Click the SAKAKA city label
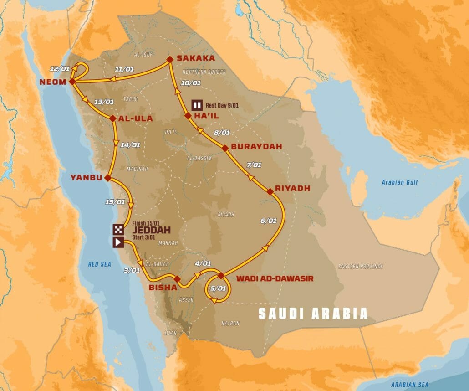[x=193, y=58]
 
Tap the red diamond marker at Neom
[x=72, y=82]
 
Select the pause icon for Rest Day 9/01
[x=197, y=105]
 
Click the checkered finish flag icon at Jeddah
[x=118, y=229]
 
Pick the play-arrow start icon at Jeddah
[x=118, y=242]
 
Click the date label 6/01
[x=269, y=221]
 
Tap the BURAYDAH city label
[x=256, y=147]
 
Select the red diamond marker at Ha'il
[x=188, y=116]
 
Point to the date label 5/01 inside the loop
[x=219, y=288]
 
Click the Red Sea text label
[x=99, y=264]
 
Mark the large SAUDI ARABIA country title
[x=313, y=314]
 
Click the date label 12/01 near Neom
[x=60, y=69]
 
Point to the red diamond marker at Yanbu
[x=108, y=177]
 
